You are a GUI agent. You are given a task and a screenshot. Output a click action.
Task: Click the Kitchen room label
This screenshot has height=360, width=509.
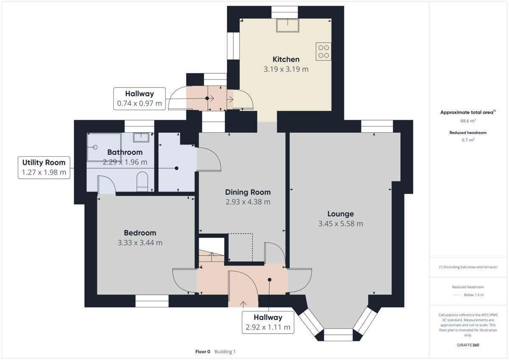[286, 59]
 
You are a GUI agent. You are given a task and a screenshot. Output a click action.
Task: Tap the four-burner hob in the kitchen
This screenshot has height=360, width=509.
[324, 51]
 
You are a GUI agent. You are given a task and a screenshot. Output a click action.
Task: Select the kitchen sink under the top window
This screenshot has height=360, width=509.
[288, 25]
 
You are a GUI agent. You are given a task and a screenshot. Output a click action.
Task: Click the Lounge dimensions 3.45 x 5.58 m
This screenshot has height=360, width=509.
[341, 224]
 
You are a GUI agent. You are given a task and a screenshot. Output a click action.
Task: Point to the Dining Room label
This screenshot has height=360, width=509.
[248, 192]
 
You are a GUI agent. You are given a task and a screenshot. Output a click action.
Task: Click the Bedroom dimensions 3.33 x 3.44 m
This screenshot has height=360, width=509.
[140, 243]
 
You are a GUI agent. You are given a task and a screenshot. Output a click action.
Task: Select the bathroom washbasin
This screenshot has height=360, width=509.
[141, 137]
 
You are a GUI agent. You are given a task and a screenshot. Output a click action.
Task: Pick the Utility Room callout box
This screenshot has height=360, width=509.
[44, 167]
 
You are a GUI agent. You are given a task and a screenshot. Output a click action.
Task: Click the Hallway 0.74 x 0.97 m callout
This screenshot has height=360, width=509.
[139, 98]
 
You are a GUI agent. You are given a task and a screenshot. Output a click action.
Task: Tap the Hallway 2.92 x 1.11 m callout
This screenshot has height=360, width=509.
[268, 323]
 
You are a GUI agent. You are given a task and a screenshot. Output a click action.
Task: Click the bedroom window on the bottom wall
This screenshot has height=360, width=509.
[152, 301]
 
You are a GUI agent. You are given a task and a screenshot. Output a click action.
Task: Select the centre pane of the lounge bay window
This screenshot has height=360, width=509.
[338, 335]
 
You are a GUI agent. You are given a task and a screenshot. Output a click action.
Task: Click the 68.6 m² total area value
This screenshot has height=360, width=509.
[468, 120]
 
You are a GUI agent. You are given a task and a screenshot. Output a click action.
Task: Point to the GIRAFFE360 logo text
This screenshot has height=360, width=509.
[468, 345]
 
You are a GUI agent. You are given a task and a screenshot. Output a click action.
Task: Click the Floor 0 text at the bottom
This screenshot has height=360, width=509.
[203, 352]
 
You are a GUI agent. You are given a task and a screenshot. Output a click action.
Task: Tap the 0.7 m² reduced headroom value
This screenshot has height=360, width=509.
[468, 140]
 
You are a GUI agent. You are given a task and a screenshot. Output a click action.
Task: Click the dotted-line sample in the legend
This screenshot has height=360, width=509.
[456, 295]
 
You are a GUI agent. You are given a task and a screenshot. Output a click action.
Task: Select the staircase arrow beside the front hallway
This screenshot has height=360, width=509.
[212, 256]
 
